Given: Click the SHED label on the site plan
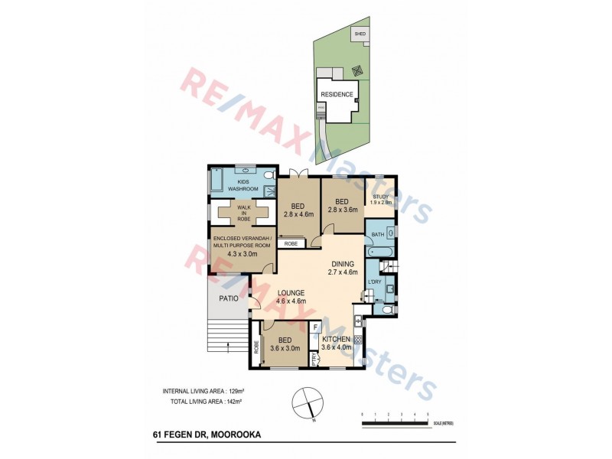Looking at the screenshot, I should pyautogui.click(x=359, y=34).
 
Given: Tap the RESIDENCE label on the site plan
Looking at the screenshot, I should pyautogui.click(x=337, y=95).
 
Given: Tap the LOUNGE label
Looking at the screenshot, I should pyautogui.click(x=291, y=292).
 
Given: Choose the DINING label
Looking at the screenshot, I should pyautogui.click(x=343, y=264).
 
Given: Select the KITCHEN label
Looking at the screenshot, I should pyautogui.click(x=336, y=338).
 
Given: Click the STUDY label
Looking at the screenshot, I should pyautogui.click(x=381, y=197).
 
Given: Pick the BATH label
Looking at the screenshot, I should pyautogui.click(x=378, y=234).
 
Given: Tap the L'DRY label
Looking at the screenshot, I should pyautogui.click(x=374, y=282).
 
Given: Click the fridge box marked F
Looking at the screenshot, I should pyautogui.click(x=316, y=327).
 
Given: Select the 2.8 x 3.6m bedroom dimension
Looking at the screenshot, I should pyautogui.click(x=343, y=209).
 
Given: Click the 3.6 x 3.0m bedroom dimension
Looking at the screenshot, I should pyautogui.click(x=285, y=348).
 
